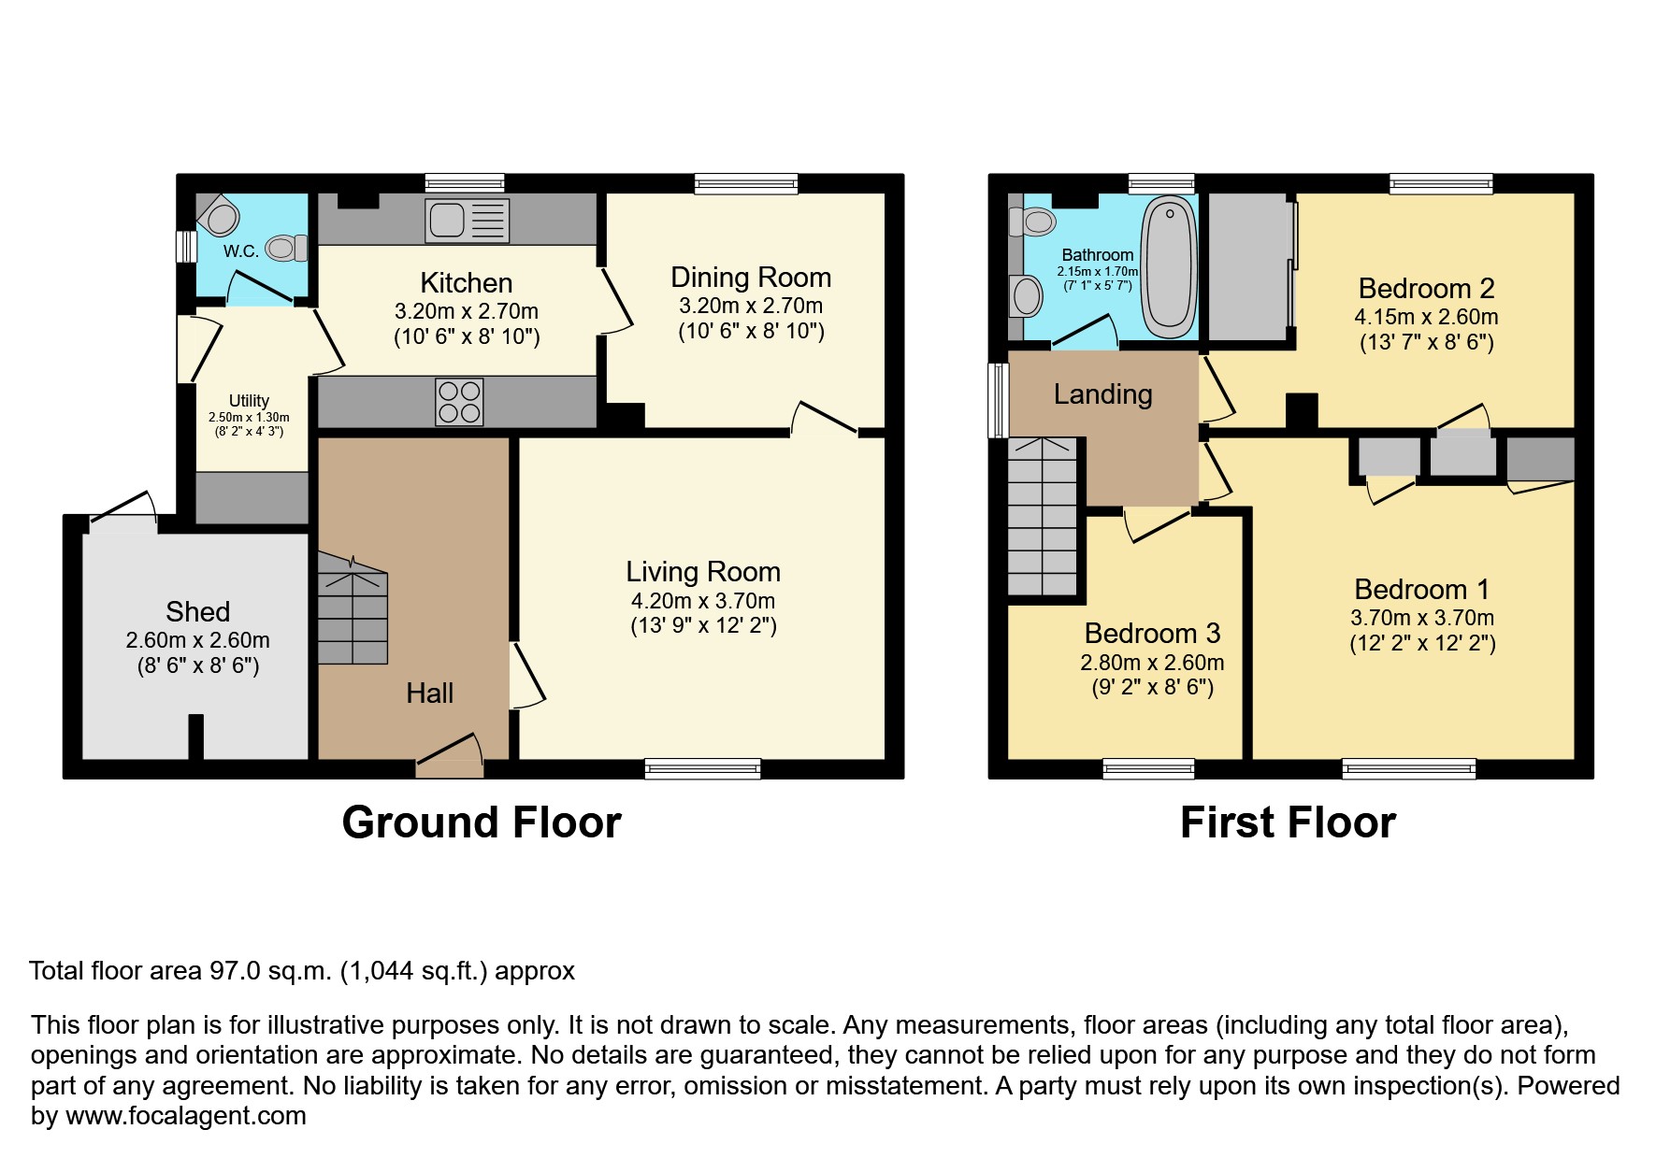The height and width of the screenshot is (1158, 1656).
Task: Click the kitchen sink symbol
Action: point(467,221)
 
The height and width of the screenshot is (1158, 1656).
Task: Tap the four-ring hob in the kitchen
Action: point(459,402)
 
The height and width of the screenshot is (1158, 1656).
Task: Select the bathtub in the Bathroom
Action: point(1169,270)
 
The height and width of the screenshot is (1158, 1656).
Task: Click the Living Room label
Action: point(703,572)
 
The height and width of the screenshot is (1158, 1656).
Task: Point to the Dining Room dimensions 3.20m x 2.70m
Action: point(751,306)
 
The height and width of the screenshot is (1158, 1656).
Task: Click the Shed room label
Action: point(197,611)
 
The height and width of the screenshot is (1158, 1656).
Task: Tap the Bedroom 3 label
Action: point(1152,634)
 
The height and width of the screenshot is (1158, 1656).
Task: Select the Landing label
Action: point(1102,394)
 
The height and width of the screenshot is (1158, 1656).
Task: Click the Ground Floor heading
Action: point(482,822)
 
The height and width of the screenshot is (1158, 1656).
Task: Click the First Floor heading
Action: point(1288,822)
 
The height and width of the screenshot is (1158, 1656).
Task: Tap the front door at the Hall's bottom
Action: point(451,767)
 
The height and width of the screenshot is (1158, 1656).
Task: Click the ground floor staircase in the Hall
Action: point(353,608)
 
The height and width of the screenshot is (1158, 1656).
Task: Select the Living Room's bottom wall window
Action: point(702,769)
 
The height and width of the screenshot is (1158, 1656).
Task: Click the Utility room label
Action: point(249,401)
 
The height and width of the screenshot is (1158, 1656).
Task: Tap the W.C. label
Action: point(240,251)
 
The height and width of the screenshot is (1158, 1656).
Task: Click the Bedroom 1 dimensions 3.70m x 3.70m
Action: point(1421,618)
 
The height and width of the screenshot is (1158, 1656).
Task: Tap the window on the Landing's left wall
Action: point(999,400)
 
